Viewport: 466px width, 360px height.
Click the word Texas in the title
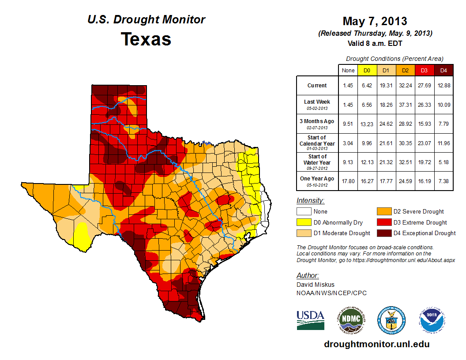click(x=146, y=39)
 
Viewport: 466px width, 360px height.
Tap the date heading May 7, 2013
click(x=375, y=21)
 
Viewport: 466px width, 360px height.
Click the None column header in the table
click(x=348, y=70)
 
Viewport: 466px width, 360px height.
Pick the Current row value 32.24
click(x=405, y=86)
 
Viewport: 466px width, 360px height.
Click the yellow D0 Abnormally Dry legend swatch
click(x=304, y=222)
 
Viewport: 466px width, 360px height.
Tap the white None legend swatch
click(x=304, y=212)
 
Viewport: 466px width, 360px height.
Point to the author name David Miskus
click(x=316, y=285)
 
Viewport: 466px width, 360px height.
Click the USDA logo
click(x=310, y=320)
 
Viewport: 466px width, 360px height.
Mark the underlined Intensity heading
click(x=310, y=201)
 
